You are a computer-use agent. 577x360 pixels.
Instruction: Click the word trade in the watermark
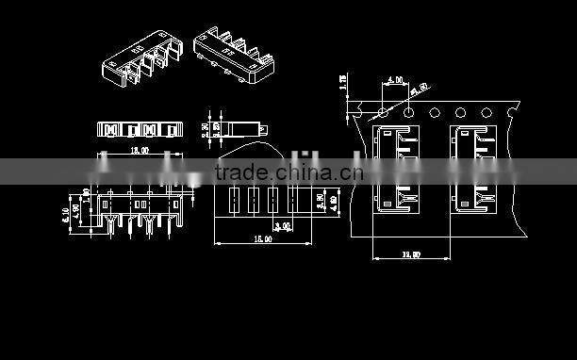coord(240,172)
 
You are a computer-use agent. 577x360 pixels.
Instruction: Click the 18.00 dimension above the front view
coord(140,150)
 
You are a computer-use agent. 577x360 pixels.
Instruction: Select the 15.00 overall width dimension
coord(263,240)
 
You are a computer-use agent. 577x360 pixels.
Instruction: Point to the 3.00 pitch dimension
coord(281,226)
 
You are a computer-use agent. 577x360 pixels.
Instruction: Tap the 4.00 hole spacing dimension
coord(394,81)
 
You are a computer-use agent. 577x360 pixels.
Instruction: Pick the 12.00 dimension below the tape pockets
coord(411,254)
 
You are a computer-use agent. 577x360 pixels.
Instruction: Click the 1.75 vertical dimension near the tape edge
coord(343,83)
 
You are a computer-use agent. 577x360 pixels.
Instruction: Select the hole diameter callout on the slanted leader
coord(418,89)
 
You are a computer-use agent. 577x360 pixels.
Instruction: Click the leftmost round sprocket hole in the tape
coord(383,113)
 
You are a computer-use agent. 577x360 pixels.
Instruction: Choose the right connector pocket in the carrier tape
coord(475,170)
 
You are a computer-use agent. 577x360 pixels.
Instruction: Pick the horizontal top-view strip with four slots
coord(137,127)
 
